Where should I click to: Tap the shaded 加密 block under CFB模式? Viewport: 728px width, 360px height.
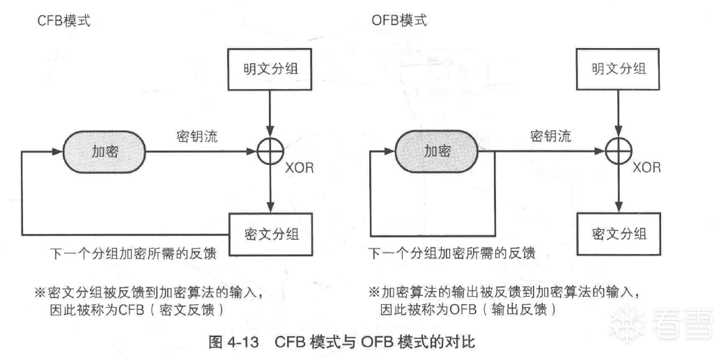(104, 152)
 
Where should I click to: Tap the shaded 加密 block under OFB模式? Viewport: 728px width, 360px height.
(437, 151)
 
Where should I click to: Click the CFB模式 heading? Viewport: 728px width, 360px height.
(63, 22)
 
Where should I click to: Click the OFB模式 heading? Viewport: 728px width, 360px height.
(398, 21)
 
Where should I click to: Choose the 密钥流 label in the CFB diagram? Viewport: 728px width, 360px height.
(197, 137)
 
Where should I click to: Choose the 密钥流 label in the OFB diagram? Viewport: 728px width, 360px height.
(550, 136)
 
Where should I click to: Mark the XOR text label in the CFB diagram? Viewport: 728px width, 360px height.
(299, 168)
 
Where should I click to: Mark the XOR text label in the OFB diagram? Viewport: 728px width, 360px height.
(646, 168)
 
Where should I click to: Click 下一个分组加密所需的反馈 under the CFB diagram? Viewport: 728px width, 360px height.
(133, 253)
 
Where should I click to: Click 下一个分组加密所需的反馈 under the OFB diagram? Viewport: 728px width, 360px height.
(451, 253)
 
